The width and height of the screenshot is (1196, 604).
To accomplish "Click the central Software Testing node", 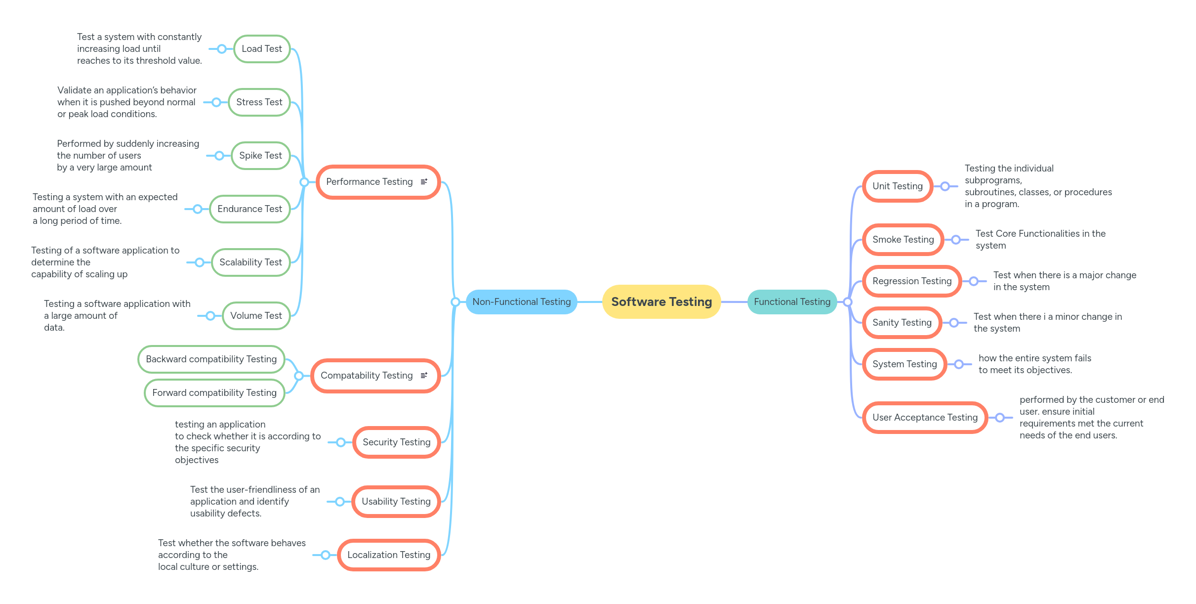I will coord(661,302).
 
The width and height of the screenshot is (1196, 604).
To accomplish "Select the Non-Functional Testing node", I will coord(521,302).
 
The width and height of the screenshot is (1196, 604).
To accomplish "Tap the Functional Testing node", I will coord(792,302).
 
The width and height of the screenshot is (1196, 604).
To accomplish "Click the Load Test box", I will coord(262,49).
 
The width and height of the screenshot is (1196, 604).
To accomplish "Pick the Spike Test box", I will coord(260,156).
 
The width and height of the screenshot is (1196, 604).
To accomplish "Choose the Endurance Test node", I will coord(249,209).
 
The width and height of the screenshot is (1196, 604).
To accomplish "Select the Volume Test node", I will coord(256,316).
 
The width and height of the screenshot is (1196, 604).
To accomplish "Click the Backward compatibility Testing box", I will coord(211,359).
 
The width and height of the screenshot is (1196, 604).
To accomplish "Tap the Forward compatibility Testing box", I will coord(214,393).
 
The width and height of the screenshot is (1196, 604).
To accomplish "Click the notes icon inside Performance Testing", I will coord(424,182).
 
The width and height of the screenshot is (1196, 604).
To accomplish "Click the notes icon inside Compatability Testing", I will coord(424,376).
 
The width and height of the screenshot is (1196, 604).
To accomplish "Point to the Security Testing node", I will coord(396,442).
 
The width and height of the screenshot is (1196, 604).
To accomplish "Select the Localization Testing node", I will coord(389,555).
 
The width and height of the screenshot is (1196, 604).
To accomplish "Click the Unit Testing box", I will coord(897,186).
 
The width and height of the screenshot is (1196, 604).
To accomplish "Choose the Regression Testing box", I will coord(912,281).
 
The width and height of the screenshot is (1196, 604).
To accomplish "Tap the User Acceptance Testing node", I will coord(925,418).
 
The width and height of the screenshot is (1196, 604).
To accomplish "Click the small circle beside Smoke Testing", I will coord(956,240).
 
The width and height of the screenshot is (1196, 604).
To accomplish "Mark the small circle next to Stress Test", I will coord(216,102).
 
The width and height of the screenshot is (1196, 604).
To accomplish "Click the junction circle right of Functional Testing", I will coord(848,302).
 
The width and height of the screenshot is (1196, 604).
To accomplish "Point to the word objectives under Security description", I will coord(197,460).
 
